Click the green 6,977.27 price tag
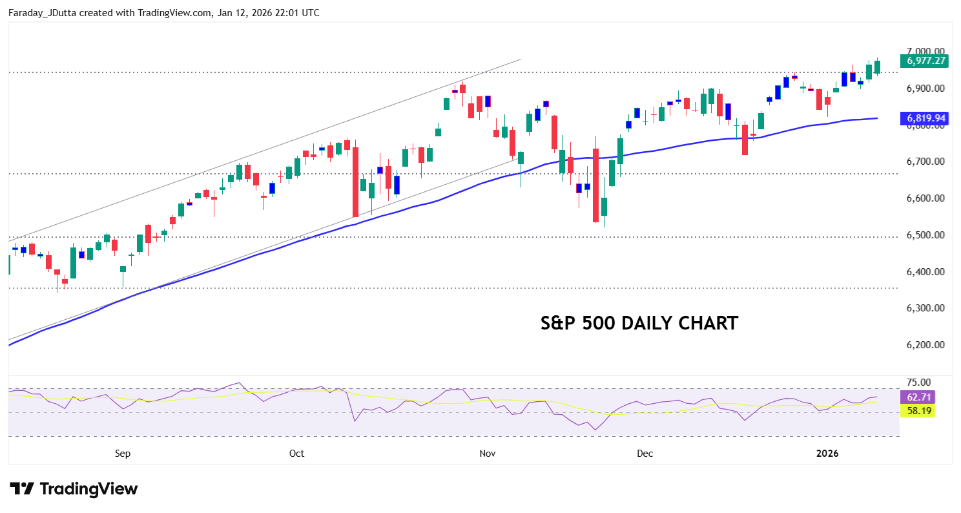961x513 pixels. point(926,61)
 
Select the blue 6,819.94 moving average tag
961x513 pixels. point(926,118)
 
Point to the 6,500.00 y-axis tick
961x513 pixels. point(926,235)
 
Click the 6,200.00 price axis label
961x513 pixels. point(926,345)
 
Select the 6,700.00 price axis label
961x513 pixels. point(926,162)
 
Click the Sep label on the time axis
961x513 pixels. point(123,454)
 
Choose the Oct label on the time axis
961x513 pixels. point(296,454)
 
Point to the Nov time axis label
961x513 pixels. point(488,454)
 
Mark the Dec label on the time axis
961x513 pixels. point(645,454)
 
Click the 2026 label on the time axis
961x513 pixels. point(827,454)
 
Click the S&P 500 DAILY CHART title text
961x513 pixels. point(639,323)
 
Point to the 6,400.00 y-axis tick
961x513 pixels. point(926,272)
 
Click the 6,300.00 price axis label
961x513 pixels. point(926,308)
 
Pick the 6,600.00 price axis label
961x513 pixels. point(926,198)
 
